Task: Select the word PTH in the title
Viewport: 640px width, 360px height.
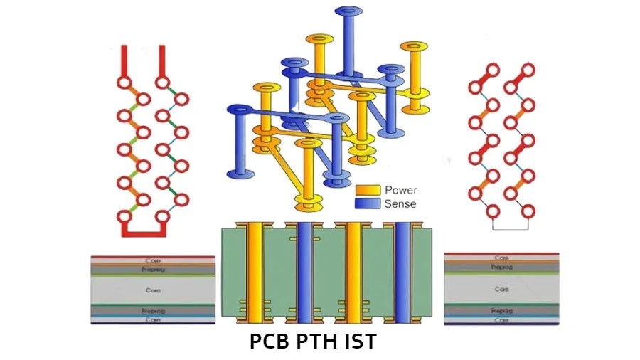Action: pos(316,342)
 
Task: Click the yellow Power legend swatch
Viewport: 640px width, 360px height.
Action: pos(367,191)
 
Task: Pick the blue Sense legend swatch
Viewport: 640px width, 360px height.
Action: pos(367,203)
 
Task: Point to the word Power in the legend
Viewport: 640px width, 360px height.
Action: pos(400,191)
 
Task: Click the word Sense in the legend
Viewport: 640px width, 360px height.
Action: pos(400,203)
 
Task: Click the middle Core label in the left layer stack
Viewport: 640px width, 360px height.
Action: pos(153,290)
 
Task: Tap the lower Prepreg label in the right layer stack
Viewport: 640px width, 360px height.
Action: pos(502,311)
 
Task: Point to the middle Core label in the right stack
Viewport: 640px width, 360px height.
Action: pos(502,290)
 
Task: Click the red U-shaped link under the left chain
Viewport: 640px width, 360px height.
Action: pos(144,232)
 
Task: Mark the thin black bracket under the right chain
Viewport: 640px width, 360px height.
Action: pos(510,228)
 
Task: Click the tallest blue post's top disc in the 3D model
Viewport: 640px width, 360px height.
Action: pos(348,11)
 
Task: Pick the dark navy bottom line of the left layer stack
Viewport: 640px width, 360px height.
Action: pos(153,324)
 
